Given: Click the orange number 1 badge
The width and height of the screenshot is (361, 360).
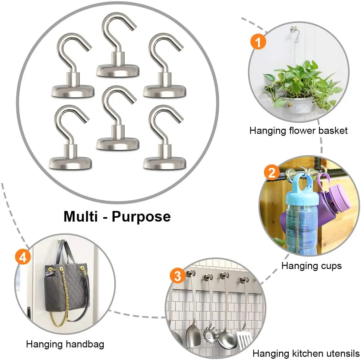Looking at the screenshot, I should (x=258, y=42).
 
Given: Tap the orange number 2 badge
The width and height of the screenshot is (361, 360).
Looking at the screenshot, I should (x=272, y=173).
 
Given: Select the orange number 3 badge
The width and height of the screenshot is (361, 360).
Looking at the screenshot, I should (x=178, y=276).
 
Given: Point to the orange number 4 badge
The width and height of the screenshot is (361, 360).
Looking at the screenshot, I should (x=23, y=257).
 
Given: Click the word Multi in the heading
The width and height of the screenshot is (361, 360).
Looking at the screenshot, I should (x=80, y=216).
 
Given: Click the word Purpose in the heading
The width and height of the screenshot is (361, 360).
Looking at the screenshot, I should (x=141, y=217).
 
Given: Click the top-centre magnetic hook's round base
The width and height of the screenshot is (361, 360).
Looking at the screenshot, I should (x=118, y=71).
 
